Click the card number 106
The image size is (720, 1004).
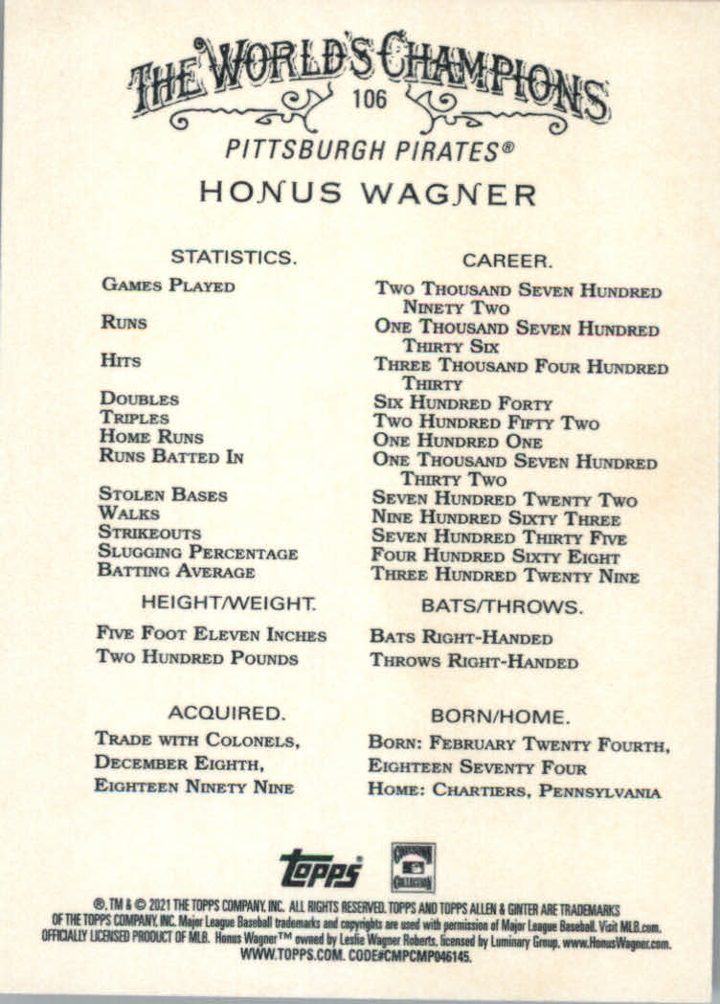(369, 100)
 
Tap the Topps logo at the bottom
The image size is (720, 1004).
(322, 868)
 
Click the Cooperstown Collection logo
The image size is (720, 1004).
(413, 866)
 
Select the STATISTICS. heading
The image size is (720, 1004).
(233, 257)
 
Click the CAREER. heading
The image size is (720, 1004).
(506, 260)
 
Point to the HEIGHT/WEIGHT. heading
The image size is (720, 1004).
(229, 604)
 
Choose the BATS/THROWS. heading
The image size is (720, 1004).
(502, 606)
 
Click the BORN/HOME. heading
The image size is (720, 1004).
(501, 716)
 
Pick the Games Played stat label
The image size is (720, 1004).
(168, 285)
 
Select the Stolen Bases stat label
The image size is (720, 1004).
(163, 495)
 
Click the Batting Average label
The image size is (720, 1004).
(176, 572)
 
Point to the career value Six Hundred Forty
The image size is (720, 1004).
(462, 403)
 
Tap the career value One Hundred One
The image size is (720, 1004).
(457, 442)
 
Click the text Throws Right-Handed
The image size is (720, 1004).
(474, 662)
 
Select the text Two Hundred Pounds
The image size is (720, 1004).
(197, 658)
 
